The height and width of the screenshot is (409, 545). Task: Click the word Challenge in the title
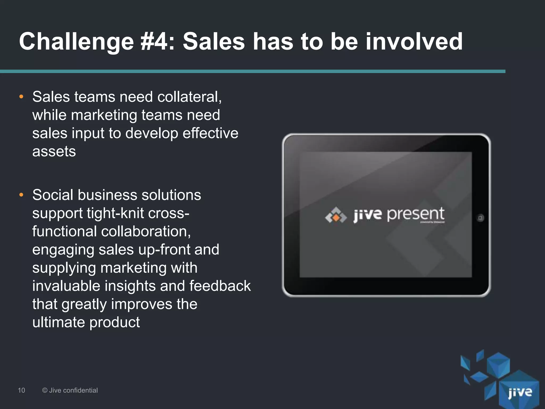(x=76, y=42)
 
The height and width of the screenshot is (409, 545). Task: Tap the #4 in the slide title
(x=157, y=42)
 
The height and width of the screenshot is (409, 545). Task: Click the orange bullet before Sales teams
(x=22, y=97)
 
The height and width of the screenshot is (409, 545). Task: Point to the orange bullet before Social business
(x=22, y=195)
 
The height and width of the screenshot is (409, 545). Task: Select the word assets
(x=54, y=152)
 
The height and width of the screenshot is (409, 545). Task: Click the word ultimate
(x=59, y=322)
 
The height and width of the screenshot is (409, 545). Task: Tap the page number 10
(x=21, y=390)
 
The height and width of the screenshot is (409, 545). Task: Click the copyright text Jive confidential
(x=70, y=390)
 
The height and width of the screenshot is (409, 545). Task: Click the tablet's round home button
(x=480, y=218)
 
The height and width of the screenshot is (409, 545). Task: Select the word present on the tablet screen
(x=415, y=214)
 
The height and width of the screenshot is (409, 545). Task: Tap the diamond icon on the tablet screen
(x=336, y=216)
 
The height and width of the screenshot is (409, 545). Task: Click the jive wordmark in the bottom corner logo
(x=520, y=392)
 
